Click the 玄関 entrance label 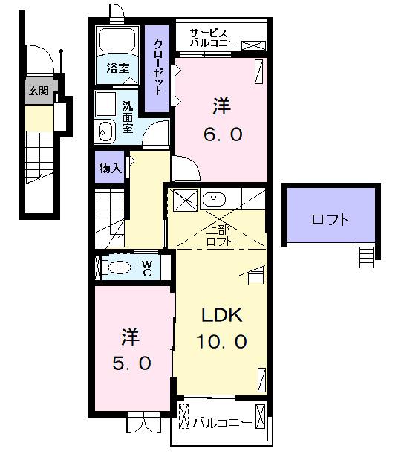pos(38,92)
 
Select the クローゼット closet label pos(158,65)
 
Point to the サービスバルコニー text pos(213,38)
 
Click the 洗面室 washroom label pos(128,116)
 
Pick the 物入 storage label pos(110,169)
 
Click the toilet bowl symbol pos(117,267)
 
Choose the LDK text pos(220,315)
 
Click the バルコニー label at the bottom pos(222,424)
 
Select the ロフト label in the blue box pos(330,220)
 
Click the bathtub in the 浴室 pos(116,41)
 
